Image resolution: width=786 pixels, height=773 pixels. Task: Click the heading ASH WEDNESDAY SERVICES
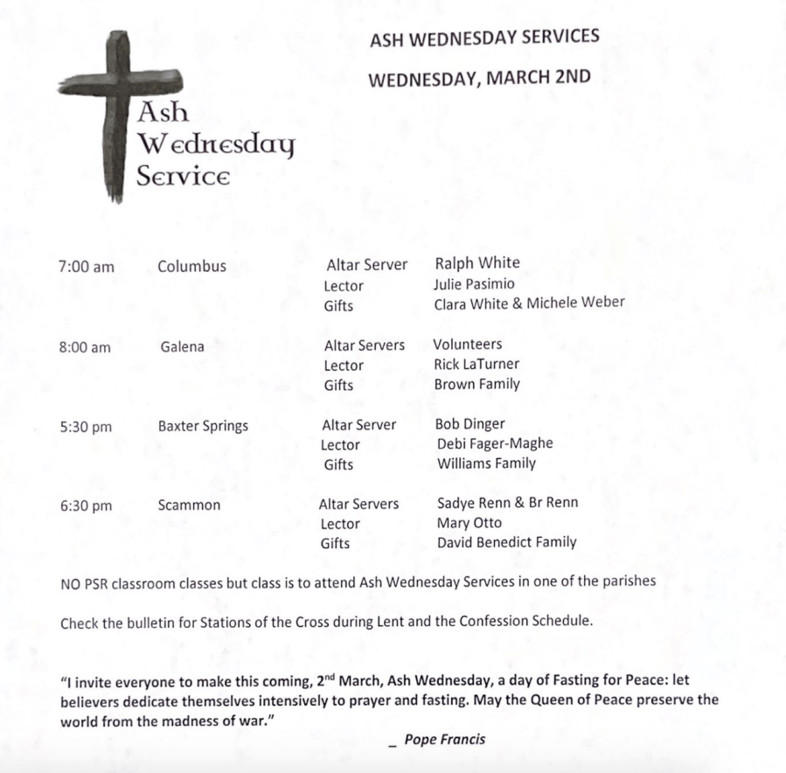point(484,38)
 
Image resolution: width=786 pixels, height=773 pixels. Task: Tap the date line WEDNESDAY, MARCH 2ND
point(478,78)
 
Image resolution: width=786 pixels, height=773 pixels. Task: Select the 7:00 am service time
point(87,267)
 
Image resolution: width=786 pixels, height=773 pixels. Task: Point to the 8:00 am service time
point(85,347)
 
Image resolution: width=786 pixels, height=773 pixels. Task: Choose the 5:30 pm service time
point(86,427)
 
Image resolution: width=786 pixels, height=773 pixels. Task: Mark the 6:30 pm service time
point(86,505)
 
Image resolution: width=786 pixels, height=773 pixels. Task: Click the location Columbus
point(191,266)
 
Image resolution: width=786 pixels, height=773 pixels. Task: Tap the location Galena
point(182,346)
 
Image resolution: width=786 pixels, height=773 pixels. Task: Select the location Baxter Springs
point(203,426)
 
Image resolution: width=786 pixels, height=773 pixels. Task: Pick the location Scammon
point(189,505)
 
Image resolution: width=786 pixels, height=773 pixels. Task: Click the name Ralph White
point(476,263)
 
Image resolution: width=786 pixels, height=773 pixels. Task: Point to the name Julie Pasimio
point(474,283)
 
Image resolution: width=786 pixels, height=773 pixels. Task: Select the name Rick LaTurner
point(476,364)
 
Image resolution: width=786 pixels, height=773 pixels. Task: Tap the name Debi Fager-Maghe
point(494,443)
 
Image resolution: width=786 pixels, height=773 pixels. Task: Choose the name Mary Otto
point(470,523)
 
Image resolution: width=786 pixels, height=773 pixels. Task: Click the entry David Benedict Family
point(506,542)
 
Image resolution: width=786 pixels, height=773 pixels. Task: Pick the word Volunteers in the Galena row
point(467,344)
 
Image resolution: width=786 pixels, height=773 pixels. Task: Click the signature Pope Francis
point(444,740)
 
